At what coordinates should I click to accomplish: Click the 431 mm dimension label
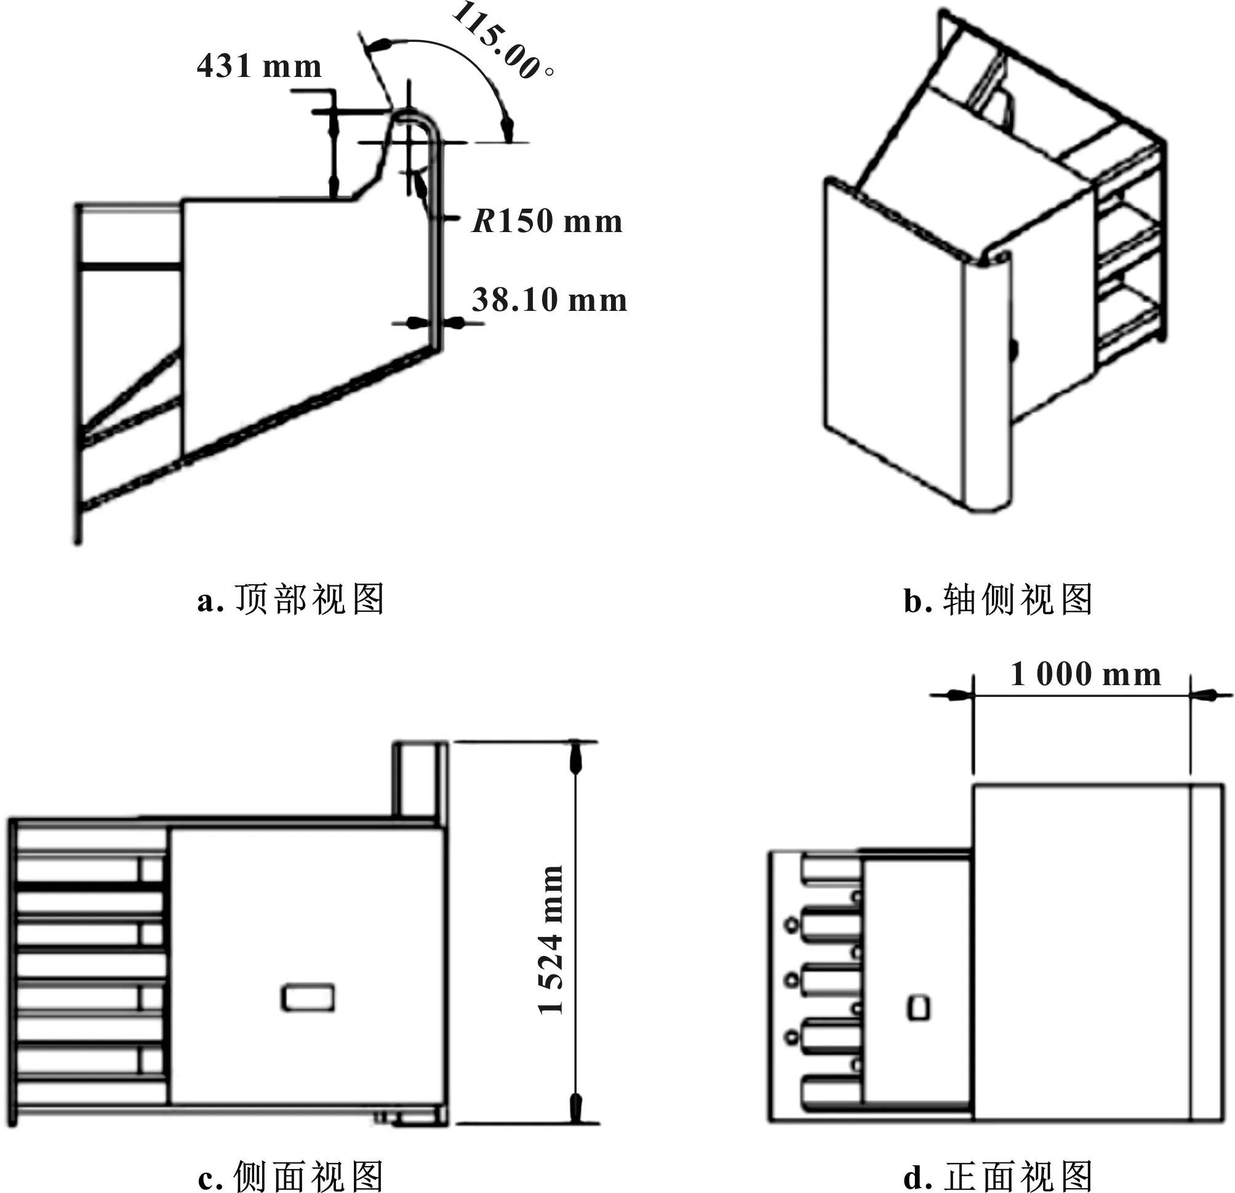(x=259, y=66)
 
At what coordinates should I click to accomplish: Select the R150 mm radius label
(x=547, y=221)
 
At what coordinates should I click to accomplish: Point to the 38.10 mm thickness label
(x=550, y=300)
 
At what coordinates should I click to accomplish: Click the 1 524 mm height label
(x=551, y=939)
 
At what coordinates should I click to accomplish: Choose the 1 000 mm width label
(x=1085, y=674)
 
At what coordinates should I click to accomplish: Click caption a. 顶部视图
(x=290, y=600)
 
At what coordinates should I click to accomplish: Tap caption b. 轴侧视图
(x=998, y=600)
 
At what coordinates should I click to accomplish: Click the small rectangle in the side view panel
(x=308, y=998)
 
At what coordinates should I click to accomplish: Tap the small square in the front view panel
(x=918, y=1008)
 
